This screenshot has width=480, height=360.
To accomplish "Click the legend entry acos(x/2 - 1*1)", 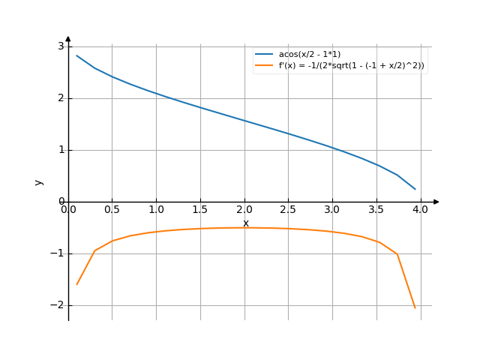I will tap(309, 55).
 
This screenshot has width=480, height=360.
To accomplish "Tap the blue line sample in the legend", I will tap(263, 55).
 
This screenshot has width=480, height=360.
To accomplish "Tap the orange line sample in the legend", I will tap(263, 66).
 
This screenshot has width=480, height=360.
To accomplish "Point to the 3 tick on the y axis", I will tap(61, 46).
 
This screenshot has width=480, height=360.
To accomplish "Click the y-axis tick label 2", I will tap(61, 98).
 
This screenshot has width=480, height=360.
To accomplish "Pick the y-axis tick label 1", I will tap(61, 150).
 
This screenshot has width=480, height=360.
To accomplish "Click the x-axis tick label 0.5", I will tap(112, 210).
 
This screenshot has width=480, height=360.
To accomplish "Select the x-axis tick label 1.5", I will tap(200, 210).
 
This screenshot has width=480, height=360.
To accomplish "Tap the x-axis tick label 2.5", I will tap(288, 210).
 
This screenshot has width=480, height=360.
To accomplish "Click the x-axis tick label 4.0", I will tap(420, 210).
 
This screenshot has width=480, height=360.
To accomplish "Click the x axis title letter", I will tap(245, 223).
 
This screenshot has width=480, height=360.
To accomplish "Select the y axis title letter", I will tap(39, 181).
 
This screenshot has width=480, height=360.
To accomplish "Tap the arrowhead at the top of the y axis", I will tap(68, 38).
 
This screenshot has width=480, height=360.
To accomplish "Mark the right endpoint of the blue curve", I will tap(415, 189).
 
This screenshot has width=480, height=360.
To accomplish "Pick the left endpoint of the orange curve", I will tap(76, 285).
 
